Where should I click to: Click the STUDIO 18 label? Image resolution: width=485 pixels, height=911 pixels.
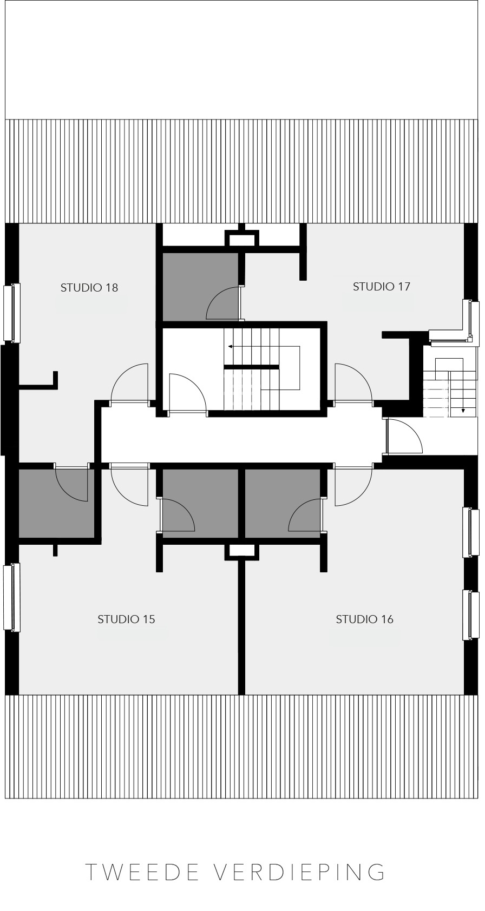point(89,288)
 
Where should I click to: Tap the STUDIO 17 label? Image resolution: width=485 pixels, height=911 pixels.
point(381,286)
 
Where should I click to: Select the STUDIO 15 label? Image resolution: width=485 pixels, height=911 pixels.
point(126,619)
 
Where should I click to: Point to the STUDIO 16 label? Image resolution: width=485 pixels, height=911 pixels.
point(365,619)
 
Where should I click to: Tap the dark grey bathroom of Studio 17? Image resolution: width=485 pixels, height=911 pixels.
point(200,287)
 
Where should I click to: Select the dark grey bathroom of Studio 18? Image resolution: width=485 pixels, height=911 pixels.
point(56,503)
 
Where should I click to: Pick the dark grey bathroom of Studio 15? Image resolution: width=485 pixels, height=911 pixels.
point(200,503)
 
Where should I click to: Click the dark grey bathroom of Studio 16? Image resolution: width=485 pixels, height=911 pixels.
point(283,503)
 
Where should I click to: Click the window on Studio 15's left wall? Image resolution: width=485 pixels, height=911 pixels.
point(11,597)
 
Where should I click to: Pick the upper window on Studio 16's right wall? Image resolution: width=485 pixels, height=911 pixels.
point(471,532)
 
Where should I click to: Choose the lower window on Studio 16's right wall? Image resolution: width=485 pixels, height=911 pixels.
point(471,615)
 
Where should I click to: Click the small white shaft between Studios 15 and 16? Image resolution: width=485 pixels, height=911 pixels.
point(241,550)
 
